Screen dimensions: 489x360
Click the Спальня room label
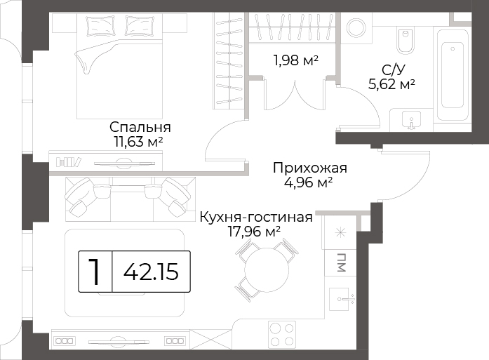click(x=140, y=127)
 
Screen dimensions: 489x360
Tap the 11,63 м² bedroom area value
click(x=139, y=142)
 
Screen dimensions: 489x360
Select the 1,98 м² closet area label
click(x=295, y=60)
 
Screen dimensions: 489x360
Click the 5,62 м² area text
click(x=391, y=84)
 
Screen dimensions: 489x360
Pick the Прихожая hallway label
click(x=310, y=168)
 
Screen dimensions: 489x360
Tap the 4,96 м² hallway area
click(x=308, y=182)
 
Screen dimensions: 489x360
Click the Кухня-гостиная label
click(x=256, y=217)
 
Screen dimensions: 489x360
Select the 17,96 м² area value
click(x=254, y=232)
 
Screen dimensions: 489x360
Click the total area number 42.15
click(x=152, y=272)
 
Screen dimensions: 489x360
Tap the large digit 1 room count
click(x=95, y=272)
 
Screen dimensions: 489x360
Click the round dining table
click(x=267, y=270)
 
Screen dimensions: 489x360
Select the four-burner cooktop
click(x=282, y=334)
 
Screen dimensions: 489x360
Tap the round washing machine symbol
click(x=356, y=28)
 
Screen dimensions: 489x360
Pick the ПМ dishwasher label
click(x=341, y=262)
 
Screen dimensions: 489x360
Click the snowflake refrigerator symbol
click(x=340, y=232)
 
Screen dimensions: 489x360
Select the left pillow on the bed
click(x=100, y=25)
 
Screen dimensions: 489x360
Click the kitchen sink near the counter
click(x=342, y=300)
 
